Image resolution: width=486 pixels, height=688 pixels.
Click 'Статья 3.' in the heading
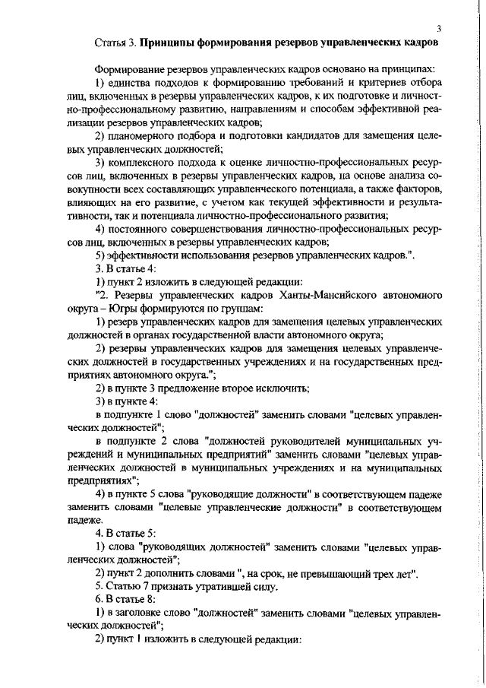tap(118, 43)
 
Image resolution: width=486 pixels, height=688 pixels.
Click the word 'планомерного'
tap(142, 137)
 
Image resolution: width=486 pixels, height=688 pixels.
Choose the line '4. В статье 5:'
tap(125, 533)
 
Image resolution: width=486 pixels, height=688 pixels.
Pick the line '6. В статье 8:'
tap(125, 600)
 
